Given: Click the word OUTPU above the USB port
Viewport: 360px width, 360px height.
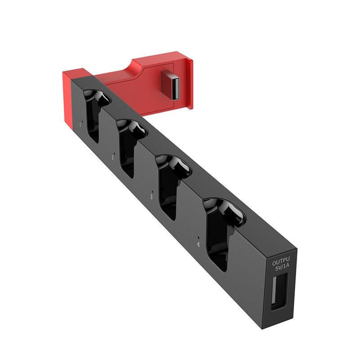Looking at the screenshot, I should coord(281,261).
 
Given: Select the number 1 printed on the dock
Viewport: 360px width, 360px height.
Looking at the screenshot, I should coord(80,124).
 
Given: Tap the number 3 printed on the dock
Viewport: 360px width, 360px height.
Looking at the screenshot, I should coord(151,197).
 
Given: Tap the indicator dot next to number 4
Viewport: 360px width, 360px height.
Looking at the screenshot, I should coord(198,236).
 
